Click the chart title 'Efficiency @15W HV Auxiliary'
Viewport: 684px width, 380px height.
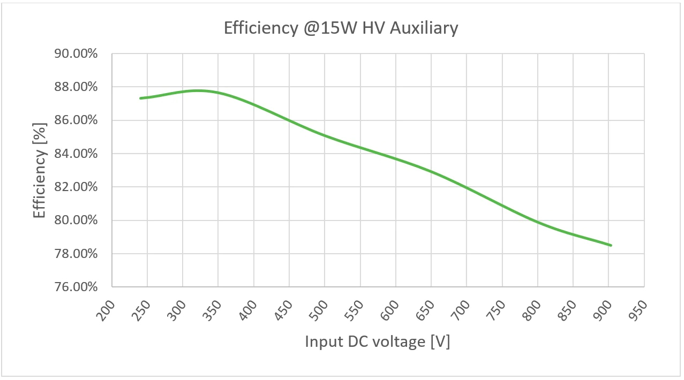pyautogui.click(x=341, y=27)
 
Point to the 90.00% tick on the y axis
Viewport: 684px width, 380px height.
pyautogui.click(x=76, y=54)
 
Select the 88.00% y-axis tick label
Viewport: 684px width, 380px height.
pyautogui.click(x=76, y=87)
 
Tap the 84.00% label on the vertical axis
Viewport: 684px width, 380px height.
pyautogui.click(x=76, y=154)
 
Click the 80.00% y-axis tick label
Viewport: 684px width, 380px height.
pyautogui.click(x=76, y=221)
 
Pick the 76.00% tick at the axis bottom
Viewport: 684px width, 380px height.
pyautogui.click(x=76, y=287)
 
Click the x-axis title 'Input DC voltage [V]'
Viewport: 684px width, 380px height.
pyautogui.click(x=378, y=341)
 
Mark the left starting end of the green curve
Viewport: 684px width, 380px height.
pyautogui.click(x=140, y=98)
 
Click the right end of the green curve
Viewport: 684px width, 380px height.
pyautogui.click(x=611, y=245)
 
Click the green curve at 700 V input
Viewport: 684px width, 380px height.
pyautogui.click(x=467, y=188)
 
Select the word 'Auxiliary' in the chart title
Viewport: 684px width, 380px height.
pyautogui.click(x=424, y=27)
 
